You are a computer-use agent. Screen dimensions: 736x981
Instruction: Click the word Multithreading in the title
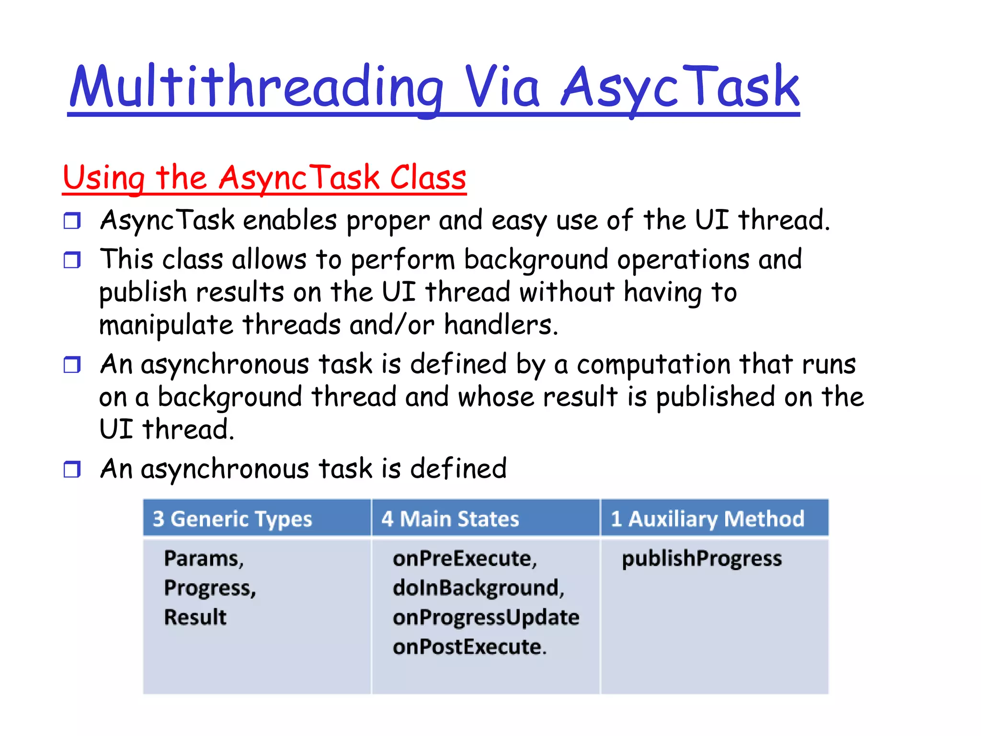(x=256, y=87)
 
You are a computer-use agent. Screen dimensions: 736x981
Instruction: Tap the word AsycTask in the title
(x=680, y=87)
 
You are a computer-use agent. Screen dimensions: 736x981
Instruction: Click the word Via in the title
(x=502, y=87)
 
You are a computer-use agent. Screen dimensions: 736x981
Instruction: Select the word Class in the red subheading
(x=428, y=178)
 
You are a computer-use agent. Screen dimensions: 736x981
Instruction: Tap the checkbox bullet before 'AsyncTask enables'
(x=72, y=221)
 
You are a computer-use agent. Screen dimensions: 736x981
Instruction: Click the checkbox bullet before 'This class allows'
(x=72, y=260)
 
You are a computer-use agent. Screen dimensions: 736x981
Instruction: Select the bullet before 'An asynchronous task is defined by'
(x=72, y=365)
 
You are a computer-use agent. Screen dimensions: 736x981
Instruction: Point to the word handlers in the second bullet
(x=501, y=325)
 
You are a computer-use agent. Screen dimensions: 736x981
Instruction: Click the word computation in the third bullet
(x=653, y=364)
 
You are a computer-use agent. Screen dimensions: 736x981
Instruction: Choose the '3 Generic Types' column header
(x=232, y=519)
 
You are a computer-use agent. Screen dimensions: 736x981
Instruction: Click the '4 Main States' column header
(x=450, y=519)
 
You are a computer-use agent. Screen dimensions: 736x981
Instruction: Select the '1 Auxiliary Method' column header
(x=707, y=519)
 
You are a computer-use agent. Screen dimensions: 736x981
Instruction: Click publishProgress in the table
(x=702, y=559)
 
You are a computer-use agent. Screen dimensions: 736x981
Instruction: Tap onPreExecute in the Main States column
(x=464, y=559)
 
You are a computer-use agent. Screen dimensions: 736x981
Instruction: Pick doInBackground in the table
(x=478, y=588)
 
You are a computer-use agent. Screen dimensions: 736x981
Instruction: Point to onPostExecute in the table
(x=469, y=647)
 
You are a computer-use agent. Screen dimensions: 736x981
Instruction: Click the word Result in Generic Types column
(x=195, y=617)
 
